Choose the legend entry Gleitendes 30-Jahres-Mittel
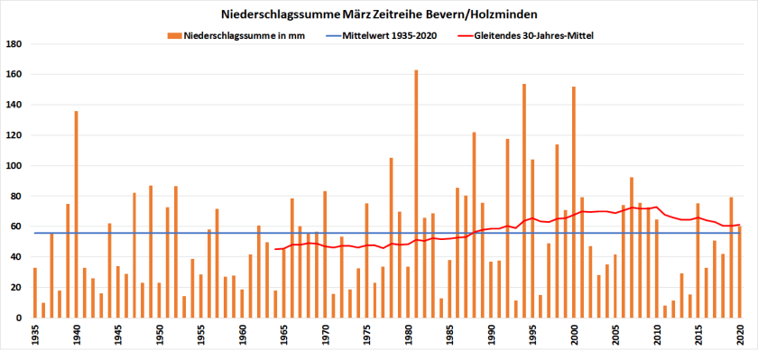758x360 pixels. (538, 35)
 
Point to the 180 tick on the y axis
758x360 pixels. (14, 44)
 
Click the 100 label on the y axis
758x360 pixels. (14, 166)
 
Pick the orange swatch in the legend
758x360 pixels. (173, 35)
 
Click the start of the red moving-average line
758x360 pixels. (275, 249)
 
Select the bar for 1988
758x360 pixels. (474, 225)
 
